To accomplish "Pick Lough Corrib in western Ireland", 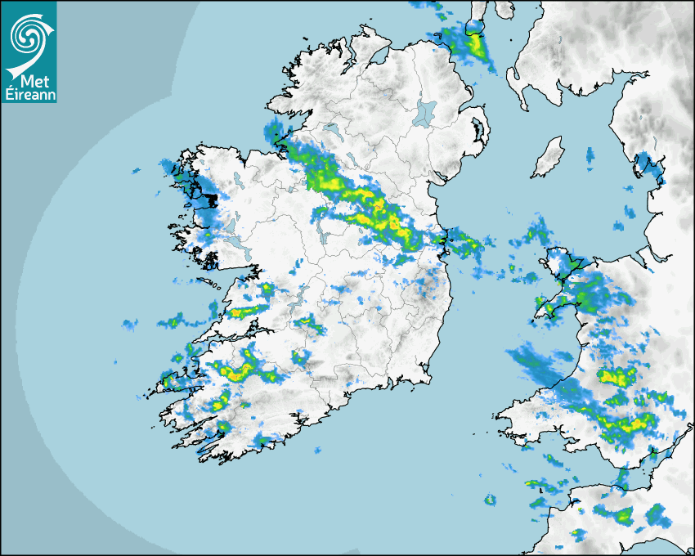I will click(233, 223).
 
